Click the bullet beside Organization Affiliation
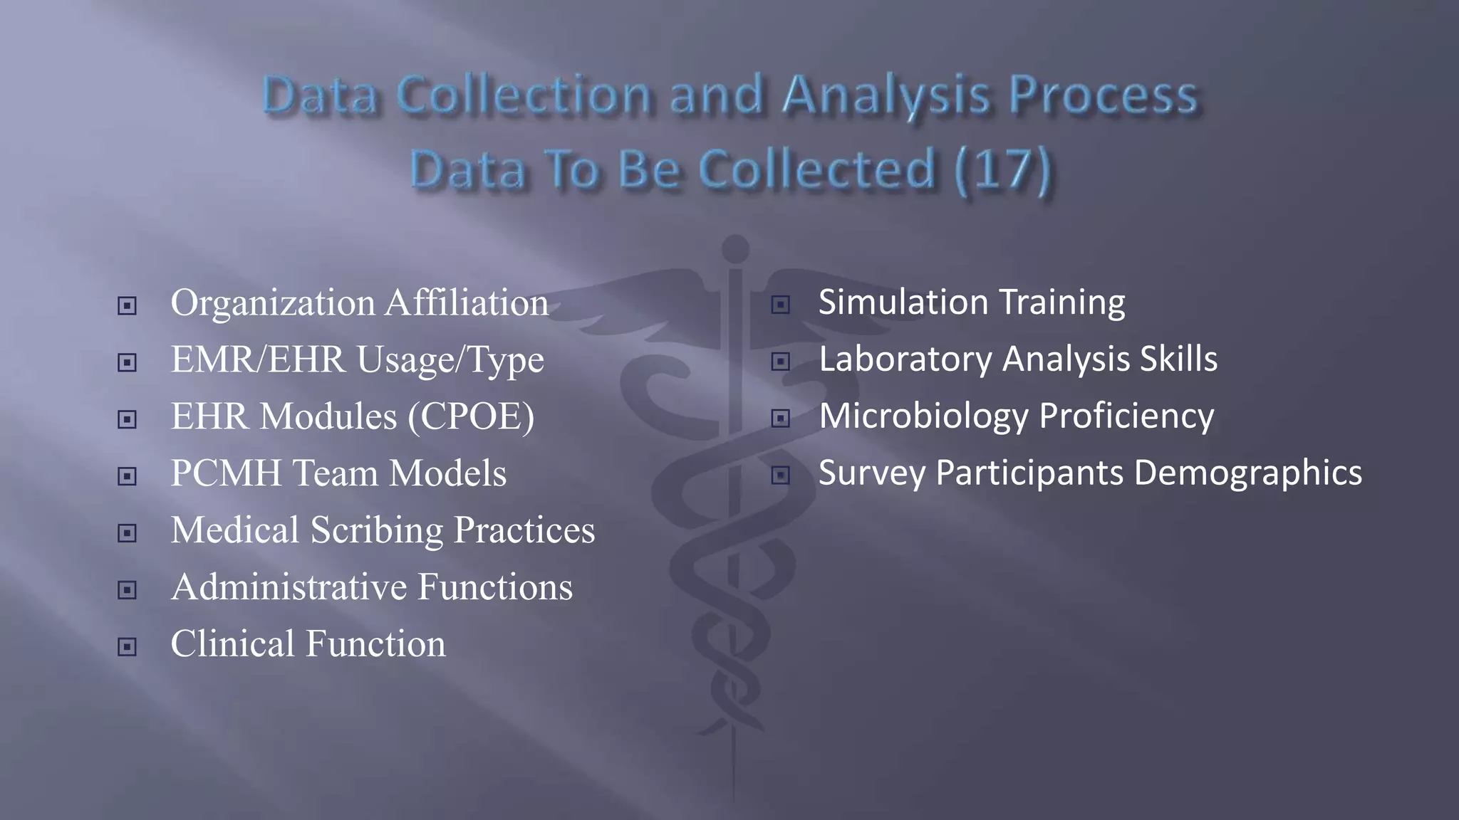pyautogui.click(x=127, y=306)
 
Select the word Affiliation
pyautogui.click(x=467, y=303)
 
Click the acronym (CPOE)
pyautogui.click(x=471, y=417)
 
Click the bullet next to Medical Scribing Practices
pyautogui.click(x=127, y=533)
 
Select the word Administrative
pyautogui.click(x=289, y=587)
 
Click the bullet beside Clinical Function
pyautogui.click(x=127, y=647)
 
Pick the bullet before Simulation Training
pyautogui.click(x=781, y=305)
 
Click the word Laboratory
pyautogui.click(x=905, y=359)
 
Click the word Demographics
pyautogui.click(x=1247, y=473)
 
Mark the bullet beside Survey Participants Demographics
pyautogui.click(x=781, y=475)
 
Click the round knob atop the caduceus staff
pyautogui.click(x=735, y=249)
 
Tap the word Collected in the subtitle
pyautogui.click(x=816, y=170)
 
